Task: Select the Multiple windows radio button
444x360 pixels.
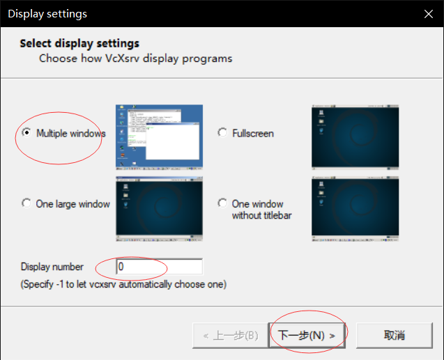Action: pos(26,132)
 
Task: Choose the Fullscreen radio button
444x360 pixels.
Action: pos(222,132)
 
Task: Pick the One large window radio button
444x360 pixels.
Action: pos(26,203)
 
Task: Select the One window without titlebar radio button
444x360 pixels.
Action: pos(222,203)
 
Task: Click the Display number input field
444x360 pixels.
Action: pos(159,267)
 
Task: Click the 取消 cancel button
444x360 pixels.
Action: pos(395,336)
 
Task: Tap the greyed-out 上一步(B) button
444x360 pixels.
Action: pos(230,336)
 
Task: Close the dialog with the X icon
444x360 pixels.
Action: pos(429,13)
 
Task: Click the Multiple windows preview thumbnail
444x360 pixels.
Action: pos(159,137)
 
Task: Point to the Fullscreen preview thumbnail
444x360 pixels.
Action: pos(355,137)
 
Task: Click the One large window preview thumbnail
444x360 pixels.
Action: pos(159,209)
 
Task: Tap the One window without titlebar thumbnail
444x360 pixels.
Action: pos(355,209)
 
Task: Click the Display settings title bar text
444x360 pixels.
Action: pos(47,14)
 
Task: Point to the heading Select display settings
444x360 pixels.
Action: pos(79,44)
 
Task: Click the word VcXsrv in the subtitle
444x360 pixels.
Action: pos(123,58)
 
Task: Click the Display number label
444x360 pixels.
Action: pos(52,267)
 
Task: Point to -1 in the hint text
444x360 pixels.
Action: pos(60,284)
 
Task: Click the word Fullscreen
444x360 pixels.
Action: pos(253,133)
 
